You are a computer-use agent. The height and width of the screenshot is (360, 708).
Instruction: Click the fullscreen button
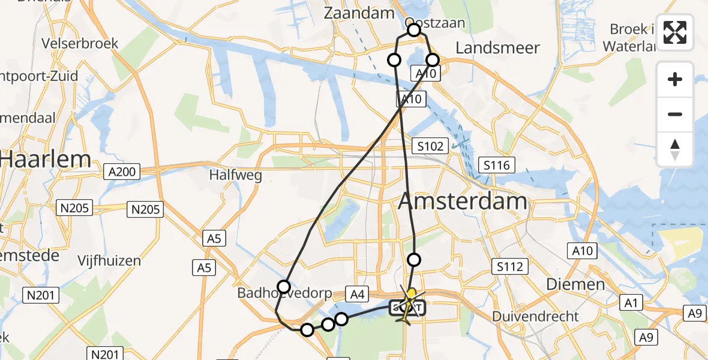[675, 32]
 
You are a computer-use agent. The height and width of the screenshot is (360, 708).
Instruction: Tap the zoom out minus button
[675, 114]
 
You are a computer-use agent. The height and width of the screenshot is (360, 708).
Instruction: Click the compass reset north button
[675, 149]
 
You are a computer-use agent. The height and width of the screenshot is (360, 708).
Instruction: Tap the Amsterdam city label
[463, 201]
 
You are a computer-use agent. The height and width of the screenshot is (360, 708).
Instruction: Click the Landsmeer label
[498, 48]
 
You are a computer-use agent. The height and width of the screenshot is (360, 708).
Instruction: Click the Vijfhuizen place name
[109, 260]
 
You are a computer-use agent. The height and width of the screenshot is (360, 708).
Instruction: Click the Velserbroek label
[80, 43]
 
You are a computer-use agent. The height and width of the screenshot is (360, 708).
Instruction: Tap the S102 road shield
[431, 146]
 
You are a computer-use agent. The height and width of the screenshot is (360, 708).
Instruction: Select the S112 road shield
[509, 266]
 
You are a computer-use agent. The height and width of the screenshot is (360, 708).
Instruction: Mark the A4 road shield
[357, 294]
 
